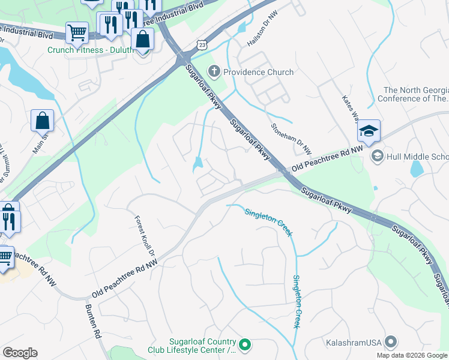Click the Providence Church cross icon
tap(214, 72)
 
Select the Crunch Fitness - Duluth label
tap(91, 50)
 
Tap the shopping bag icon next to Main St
tap(43, 121)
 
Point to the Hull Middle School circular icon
tap(378, 157)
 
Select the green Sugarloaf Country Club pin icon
tap(245, 345)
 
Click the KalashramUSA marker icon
tap(391, 342)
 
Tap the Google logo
tap(20, 352)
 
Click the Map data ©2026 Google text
tap(412, 355)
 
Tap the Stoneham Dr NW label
tap(291, 139)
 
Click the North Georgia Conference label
tap(415, 94)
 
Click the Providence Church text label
tap(259, 72)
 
